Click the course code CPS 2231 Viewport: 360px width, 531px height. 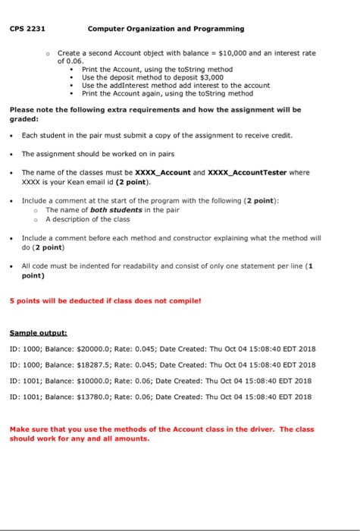[x=27, y=29]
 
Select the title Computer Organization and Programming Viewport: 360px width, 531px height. [x=166, y=29]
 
